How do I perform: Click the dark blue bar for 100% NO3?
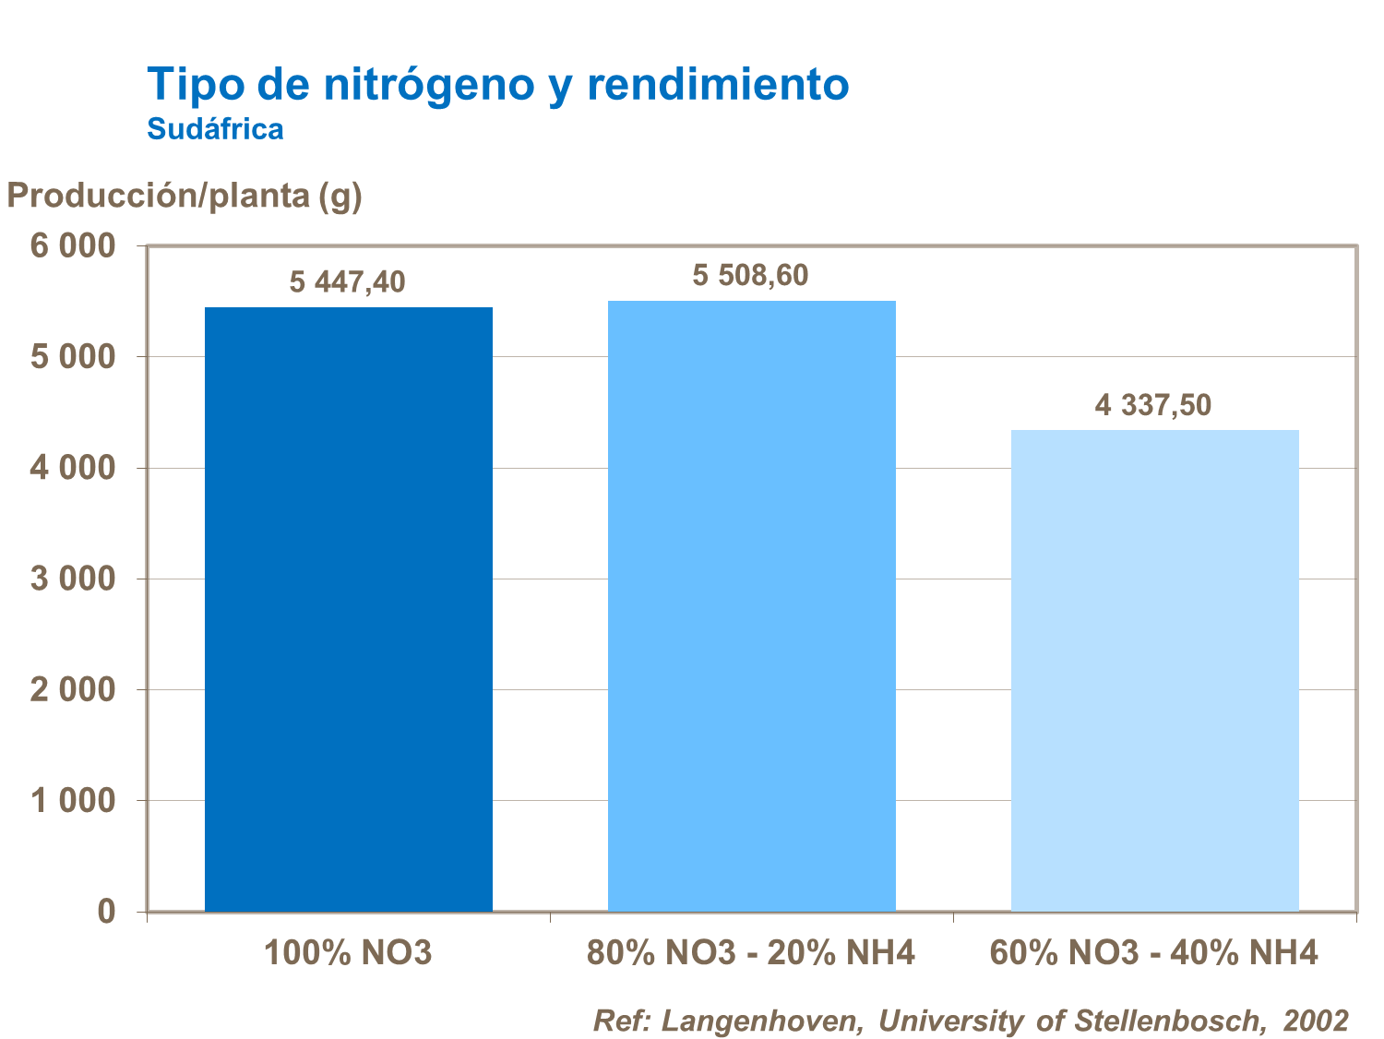point(349,609)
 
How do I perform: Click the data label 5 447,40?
point(348,281)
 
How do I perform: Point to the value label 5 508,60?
point(750,275)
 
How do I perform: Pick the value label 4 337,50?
point(1152,405)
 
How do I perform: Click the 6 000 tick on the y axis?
point(74,246)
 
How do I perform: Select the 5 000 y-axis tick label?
point(74,357)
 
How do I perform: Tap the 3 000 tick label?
point(74,579)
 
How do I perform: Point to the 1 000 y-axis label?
point(74,801)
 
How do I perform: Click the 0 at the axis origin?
point(106,912)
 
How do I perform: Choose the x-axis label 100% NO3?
point(348,952)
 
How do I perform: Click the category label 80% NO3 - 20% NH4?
point(750,952)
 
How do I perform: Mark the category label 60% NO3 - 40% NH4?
point(1153,952)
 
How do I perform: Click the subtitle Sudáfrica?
point(215,129)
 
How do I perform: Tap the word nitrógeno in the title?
point(429,85)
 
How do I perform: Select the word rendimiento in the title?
point(718,85)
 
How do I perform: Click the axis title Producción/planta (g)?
point(185,196)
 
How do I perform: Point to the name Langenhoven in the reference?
point(761,1021)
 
